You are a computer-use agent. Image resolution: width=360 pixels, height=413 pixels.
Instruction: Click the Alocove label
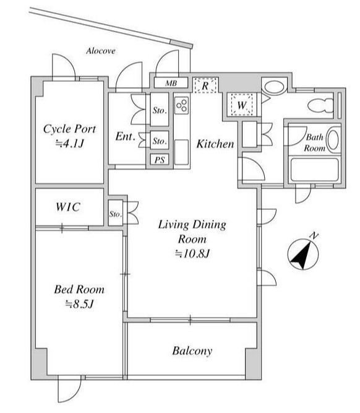coord(101,51)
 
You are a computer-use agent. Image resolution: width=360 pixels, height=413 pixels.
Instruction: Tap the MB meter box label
coord(171,83)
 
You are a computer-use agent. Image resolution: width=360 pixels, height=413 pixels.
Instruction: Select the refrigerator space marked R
coord(205,85)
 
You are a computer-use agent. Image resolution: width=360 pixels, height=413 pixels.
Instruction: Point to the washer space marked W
coord(242,105)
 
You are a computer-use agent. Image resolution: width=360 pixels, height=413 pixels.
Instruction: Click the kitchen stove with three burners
coord(182,105)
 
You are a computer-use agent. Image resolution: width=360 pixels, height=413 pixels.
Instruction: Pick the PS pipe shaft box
coord(160,160)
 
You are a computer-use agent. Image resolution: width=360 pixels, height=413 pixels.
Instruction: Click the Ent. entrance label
coord(126,136)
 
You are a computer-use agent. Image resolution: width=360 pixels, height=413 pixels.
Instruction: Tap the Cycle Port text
coord(70,129)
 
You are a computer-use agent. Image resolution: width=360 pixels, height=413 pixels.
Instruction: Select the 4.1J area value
coord(70,144)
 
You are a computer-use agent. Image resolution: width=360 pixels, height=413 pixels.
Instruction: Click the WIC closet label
coord(68,207)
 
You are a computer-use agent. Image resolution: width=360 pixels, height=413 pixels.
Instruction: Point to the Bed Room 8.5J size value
coord(79,304)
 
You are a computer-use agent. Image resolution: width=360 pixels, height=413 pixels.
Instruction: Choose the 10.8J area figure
coord(192,254)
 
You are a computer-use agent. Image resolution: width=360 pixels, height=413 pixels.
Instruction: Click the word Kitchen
coord(215,144)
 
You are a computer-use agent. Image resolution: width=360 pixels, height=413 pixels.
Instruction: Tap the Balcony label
coord(192,351)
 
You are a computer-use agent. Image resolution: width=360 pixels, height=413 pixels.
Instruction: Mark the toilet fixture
coord(321,105)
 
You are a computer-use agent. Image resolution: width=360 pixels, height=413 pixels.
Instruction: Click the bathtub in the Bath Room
coord(315,169)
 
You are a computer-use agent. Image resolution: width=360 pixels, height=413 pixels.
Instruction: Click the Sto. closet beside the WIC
coord(116,213)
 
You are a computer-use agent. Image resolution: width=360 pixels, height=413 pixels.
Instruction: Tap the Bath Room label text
coord(315,142)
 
